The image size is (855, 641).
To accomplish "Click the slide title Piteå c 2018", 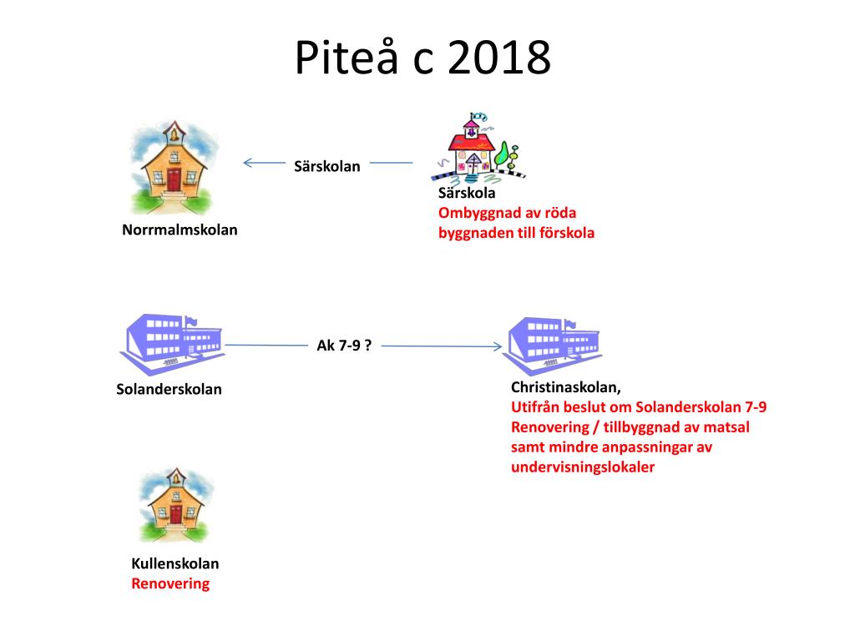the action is (423, 59).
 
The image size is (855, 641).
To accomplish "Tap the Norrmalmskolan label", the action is (180, 230).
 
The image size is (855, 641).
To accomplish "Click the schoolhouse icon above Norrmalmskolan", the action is (174, 167).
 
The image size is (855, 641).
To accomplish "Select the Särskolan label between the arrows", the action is (327, 166).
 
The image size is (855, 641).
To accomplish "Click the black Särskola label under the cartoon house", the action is (467, 193).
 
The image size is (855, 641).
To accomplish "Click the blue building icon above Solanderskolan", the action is (170, 344).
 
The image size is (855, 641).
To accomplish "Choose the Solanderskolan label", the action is (169, 389).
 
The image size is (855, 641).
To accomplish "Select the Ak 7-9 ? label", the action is (344, 345).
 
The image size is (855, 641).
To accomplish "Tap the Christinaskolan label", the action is (565, 387).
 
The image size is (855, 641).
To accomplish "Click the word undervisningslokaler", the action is (583, 467).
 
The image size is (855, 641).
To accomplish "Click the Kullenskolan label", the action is (175, 563).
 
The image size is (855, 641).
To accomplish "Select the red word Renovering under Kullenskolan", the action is (170, 583).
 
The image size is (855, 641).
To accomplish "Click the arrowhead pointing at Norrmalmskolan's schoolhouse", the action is (247, 164).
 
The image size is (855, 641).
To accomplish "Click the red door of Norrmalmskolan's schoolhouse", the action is (174, 179).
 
